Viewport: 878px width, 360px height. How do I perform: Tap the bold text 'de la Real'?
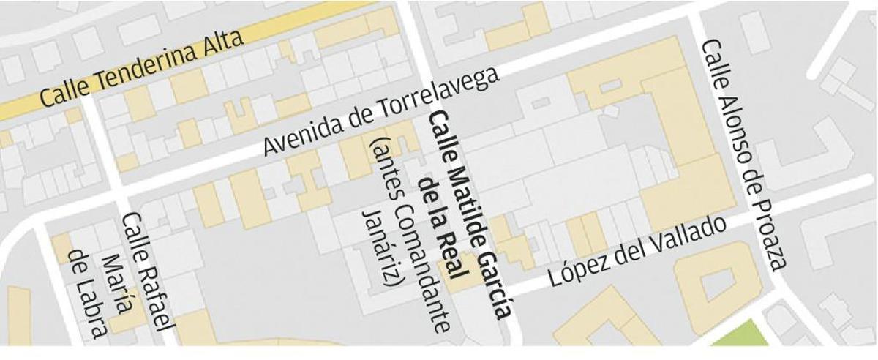[x=442, y=227]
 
